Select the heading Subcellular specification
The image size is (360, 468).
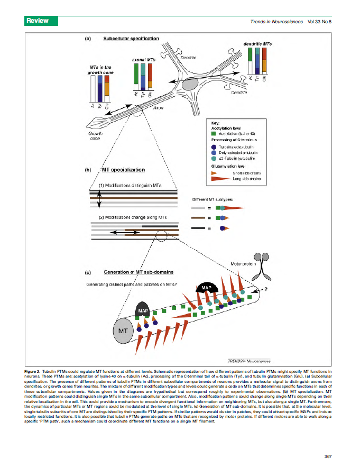click(x=131, y=39)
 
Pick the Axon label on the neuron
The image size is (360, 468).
click(x=158, y=107)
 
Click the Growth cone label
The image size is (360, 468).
click(x=95, y=137)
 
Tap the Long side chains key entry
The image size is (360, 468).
click(x=246, y=178)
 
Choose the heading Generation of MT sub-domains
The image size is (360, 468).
click(x=139, y=272)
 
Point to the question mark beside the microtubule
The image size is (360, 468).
click(x=266, y=289)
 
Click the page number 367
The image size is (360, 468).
click(x=327, y=456)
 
